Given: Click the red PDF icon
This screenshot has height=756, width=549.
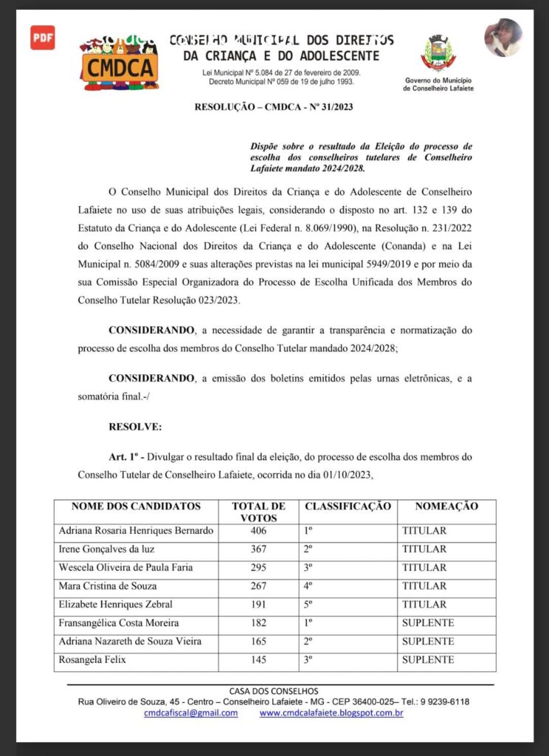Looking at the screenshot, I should click(42, 38).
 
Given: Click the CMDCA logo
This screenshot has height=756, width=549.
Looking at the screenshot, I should click(120, 64).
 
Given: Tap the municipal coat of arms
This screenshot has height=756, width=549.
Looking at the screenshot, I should click(438, 53).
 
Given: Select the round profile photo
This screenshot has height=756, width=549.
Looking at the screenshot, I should click(503, 38).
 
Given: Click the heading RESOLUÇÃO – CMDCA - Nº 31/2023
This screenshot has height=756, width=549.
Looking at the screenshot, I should click(274, 107).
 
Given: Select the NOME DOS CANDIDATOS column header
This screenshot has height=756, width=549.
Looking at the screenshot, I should click(136, 506).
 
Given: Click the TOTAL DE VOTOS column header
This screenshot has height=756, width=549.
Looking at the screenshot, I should click(259, 512).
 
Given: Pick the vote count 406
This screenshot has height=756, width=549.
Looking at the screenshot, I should click(259, 531).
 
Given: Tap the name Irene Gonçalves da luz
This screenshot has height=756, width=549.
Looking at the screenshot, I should click(106, 549).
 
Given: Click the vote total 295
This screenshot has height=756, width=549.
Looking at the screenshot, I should click(259, 568).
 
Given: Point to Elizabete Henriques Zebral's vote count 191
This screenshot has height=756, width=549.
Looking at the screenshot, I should click(259, 605).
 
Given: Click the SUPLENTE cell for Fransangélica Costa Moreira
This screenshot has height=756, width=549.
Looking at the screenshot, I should click(428, 623).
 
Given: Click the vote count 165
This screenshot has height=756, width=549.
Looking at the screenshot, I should click(259, 642).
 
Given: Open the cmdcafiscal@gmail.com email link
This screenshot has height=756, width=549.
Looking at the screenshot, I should click(191, 713).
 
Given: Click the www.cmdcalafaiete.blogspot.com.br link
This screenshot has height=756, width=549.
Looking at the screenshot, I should click(331, 713).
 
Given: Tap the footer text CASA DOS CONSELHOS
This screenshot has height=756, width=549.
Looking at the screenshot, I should click(274, 690).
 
